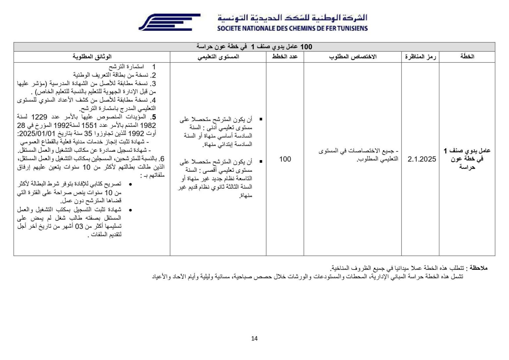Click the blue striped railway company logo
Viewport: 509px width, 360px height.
coord(169,22)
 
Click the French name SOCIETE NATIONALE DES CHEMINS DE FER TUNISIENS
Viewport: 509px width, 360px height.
coord(292,29)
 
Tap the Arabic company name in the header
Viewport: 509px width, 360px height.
coord(292,18)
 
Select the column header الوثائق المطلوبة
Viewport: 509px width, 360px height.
coord(92,57)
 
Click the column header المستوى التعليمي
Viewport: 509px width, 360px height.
coord(218,57)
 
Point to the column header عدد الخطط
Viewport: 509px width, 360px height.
coord(285,57)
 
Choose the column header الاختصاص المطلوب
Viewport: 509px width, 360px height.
coord(353,57)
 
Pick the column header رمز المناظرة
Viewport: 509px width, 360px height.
coord(420,57)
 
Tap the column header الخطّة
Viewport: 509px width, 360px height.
coord(467,57)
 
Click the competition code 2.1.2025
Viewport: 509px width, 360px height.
coord(422,159)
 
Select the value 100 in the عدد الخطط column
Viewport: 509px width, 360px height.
coord(285,159)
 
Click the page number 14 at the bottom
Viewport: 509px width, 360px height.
coord(254,338)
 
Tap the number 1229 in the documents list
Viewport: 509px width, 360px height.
coord(39,117)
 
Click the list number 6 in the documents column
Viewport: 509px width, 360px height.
coord(162,159)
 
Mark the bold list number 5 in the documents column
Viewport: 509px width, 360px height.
coord(153,117)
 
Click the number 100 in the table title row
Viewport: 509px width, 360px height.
coord(306,47)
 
